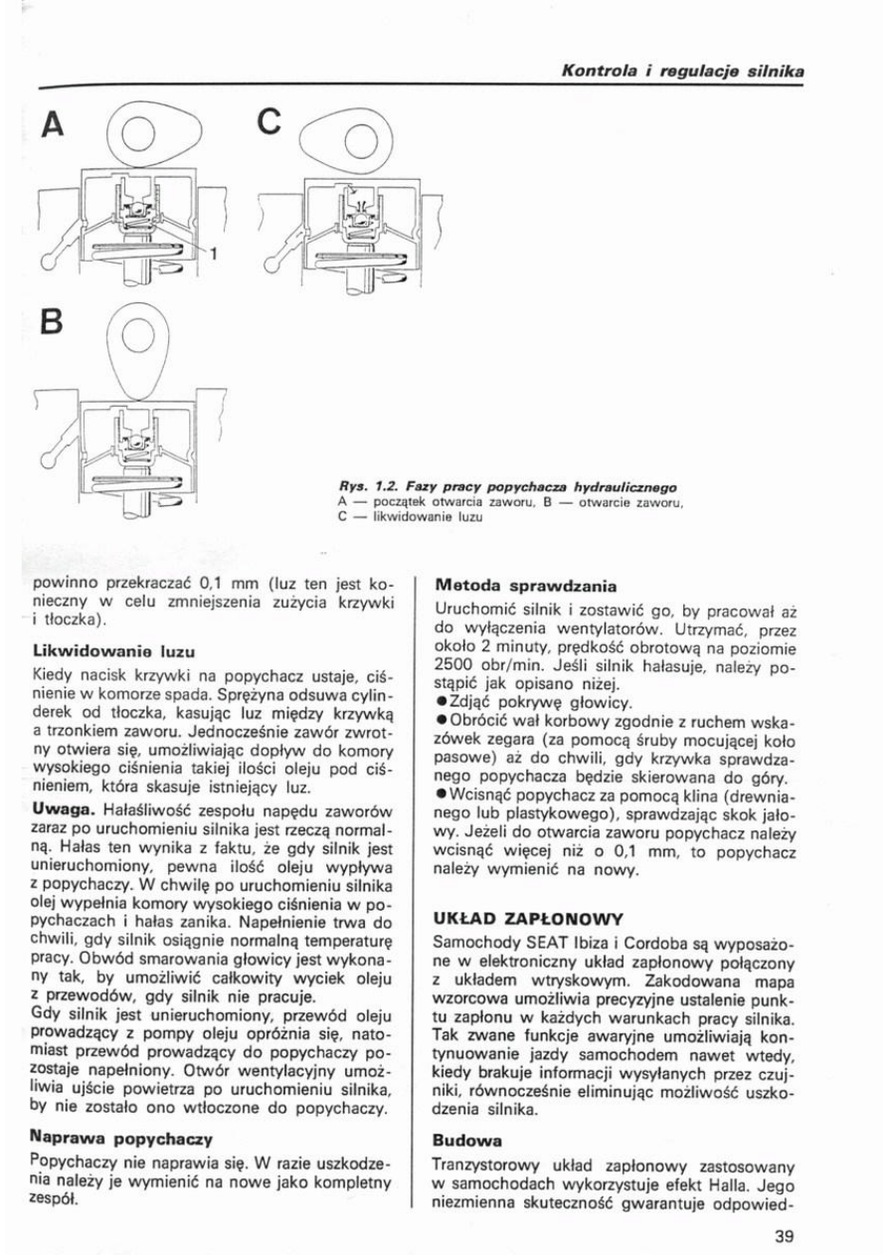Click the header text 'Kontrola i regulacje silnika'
pyautogui.click(x=682, y=71)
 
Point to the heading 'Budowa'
pyautogui.click(x=467, y=1136)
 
